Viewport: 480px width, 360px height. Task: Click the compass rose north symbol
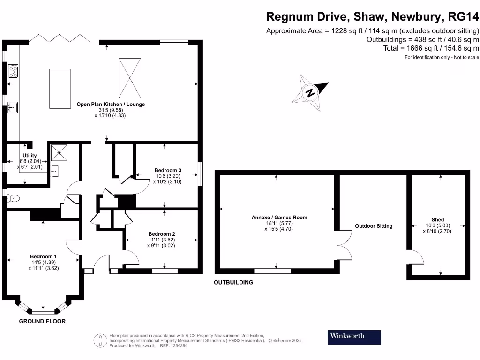(x=309, y=92)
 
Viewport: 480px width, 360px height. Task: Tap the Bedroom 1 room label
(x=43, y=256)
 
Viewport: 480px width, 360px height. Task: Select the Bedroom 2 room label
(x=162, y=234)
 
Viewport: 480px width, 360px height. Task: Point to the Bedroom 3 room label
(x=168, y=170)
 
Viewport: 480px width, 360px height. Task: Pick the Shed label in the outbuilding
(x=437, y=219)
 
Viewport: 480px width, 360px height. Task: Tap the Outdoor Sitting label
(x=374, y=226)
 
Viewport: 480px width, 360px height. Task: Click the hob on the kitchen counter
(x=13, y=72)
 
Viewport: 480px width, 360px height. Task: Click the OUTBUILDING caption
(x=233, y=283)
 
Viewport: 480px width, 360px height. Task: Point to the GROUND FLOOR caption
(x=42, y=322)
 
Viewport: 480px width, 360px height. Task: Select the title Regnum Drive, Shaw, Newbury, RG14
(x=373, y=17)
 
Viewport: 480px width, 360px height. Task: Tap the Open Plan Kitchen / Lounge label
(x=111, y=104)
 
